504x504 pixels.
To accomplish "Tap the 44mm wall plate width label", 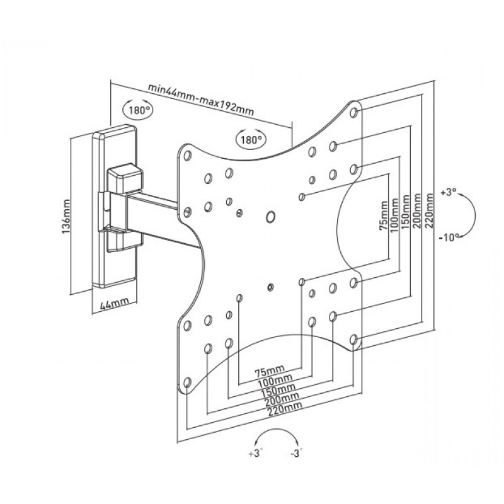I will pos(115,304).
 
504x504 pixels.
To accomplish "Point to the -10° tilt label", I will pos(449,237).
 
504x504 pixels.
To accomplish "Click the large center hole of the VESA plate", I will pos(271,217).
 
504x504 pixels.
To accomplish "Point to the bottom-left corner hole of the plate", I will pos(186,381).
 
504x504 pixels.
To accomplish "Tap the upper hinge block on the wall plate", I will pos(123,178).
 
